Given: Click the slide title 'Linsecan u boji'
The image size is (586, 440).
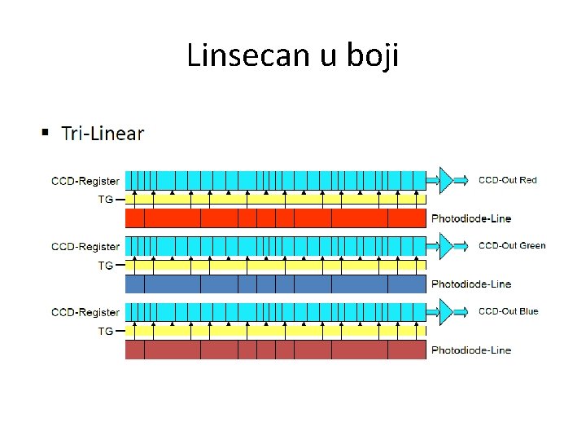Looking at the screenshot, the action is (x=293, y=55).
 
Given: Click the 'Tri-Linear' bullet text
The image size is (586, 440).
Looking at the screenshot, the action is (x=103, y=134).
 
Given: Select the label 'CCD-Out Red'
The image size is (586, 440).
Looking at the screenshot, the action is (x=507, y=180).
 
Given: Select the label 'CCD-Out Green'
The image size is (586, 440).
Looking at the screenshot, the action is (x=511, y=245).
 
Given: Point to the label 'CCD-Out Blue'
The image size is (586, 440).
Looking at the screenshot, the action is (x=508, y=311).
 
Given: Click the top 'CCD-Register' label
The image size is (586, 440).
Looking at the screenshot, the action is (x=85, y=181).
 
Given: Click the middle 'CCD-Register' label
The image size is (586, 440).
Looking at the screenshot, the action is (x=85, y=246).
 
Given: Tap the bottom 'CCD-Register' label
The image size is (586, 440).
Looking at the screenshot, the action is (x=85, y=312).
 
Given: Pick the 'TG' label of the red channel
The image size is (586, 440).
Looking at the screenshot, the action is (x=106, y=199).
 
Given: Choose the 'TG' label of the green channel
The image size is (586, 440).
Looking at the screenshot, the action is (x=106, y=265).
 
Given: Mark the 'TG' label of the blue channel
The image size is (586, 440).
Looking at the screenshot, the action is (x=106, y=331).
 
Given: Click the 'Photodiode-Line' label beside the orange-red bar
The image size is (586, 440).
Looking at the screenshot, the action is (x=471, y=218).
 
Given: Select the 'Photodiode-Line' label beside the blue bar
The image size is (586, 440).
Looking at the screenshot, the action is (x=471, y=284).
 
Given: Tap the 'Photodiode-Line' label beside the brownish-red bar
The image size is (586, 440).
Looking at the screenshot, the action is (x=471, y=350).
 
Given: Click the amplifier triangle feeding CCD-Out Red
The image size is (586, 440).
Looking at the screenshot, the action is (x=444, y=179).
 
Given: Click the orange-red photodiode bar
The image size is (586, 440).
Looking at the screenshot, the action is (x=276, y=218).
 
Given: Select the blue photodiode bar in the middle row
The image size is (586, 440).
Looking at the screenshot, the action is (x=276, y=284).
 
